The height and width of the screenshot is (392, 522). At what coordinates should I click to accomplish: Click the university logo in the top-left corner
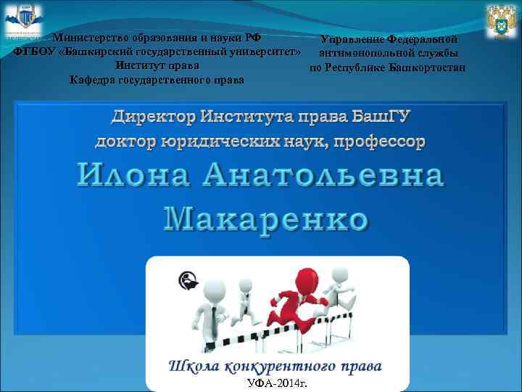coord(23,20)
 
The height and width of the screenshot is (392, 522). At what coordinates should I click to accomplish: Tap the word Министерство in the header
coord(87,38)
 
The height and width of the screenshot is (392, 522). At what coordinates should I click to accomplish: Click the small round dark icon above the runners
coord(187,280)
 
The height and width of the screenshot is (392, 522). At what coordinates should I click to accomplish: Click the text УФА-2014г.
coord(276,382)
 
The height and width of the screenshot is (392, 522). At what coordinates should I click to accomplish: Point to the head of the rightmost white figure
coord(339,277)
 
